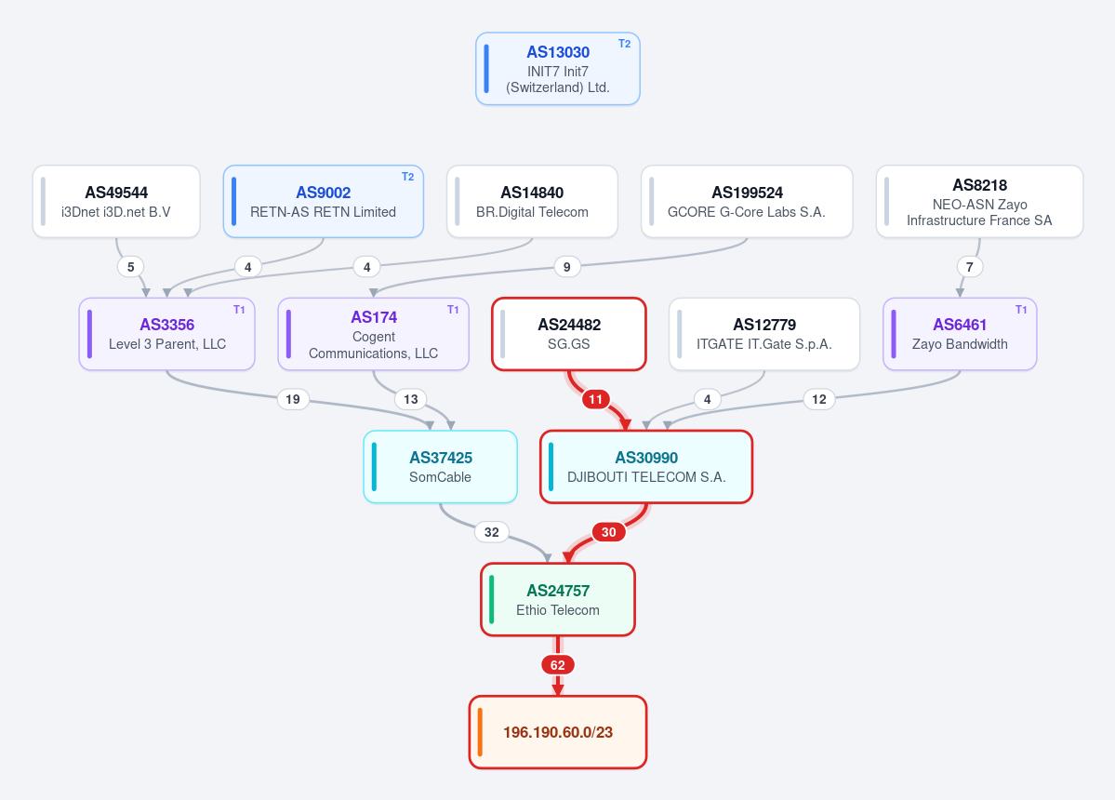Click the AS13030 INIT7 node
pyautogui.click(x=558, y=69)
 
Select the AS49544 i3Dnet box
pyautogui.click(x=116, y=201)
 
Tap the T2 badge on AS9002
pyautogui.click(x=407, y=177)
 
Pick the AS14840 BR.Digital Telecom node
pyautogui.click(x=532, y=201)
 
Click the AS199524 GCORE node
pyautogui.click(x=747, y=201)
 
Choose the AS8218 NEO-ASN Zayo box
pyautogui.click(x=979, y=201)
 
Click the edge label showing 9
pyautogui.click(x=566, y=267)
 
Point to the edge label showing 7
pyautogui.click(x=969, y=267)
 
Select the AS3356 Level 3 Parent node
pyautogui.click(x=167, y=334)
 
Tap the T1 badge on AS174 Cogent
pyautogui.click(x=453, y=310)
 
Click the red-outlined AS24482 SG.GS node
pyautogui.click(x=569, y=334)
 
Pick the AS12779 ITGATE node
pyautogui.click(x=764, y=334)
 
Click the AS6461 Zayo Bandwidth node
pyautogui.click(x=960, y=334)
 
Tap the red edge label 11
pyautogui.click(x=595, y=400)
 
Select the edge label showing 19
pyautogui.click(x=293, y=400)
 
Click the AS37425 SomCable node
pyautogui.click(x=440, y=466)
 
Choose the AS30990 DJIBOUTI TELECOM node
pyautogui.click(x=646, y=466)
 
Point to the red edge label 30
pyautogui.click(x=609, y=532)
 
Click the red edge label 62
pyautogui.click(x=558, y=666)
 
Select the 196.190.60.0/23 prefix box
pyautogui.click(x=558, y=732)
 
